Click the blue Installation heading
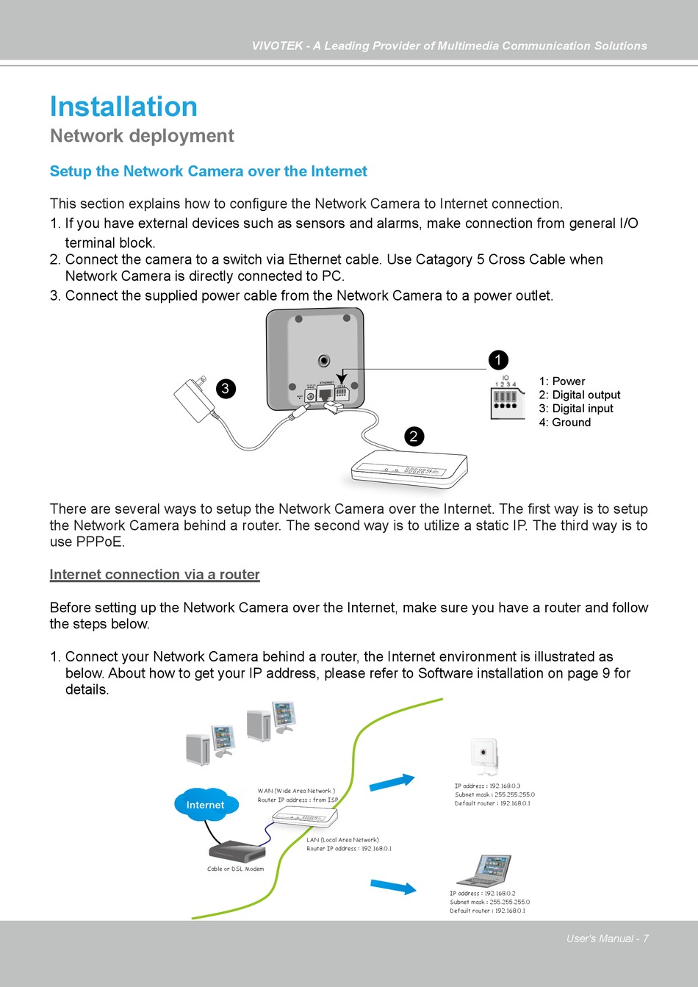[x=123, y=107]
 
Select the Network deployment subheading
[x=142, y=136]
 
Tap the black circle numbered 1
[x=498, y=360]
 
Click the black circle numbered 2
[x=414, y=437]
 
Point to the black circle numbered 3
[x=226, y=389]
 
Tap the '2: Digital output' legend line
[x=579, y=395]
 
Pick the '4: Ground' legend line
[x=564, y=423]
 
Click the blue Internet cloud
[x=206, y=805]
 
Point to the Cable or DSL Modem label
[x=235, y=869]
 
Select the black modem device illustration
[x=237, y=851]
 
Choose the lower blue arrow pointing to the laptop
[x=393, y=886]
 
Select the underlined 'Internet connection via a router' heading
[x=154, y=575]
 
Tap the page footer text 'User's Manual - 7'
[x=607, y=938]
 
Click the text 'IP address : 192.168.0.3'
[x=487, y=786]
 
